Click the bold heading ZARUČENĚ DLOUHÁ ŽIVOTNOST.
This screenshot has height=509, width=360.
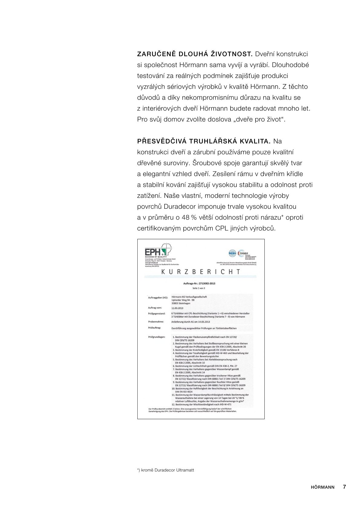click(195, 54)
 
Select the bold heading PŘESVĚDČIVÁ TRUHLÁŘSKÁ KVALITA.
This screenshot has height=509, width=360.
click(204, 142)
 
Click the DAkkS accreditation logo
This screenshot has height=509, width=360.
click(243, 253)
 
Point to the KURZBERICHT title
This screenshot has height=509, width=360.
click(201, 271)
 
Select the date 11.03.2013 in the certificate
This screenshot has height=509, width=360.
click(178, 308)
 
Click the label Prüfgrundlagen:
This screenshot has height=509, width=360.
click(157, 336)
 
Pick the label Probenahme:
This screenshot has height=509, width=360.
click(156, 322)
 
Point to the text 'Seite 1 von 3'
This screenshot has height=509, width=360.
click(201, 288)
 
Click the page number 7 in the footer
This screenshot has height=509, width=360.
click(344, 487)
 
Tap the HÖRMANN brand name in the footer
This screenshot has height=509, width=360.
click(322, 487)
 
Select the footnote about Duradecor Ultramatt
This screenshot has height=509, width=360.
click(165, 470)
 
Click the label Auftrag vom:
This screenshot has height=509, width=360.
click(155, 308)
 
